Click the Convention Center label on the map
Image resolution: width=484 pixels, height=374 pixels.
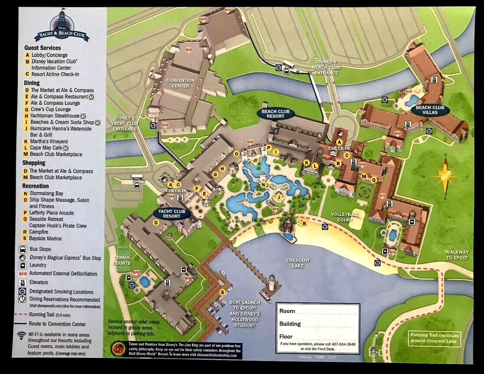pyautogui.click(x=181, y=83)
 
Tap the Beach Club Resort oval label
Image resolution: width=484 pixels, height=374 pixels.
pyautogui.click(x=275, y=113)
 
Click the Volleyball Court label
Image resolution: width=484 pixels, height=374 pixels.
pyautogui.click(x=342, y=217)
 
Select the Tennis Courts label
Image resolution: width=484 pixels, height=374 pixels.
pyautogui.click(x=122, y=260)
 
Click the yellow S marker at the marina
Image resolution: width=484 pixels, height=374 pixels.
pyautogui.click(x=222, y=292)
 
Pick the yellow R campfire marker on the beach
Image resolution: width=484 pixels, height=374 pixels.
pyautogui.click(x=304, y=224)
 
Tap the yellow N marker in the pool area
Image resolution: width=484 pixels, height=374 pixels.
pyautogui.click(x=263, y=185)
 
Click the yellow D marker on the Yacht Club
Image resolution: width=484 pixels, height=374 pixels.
pyautogui.click(x=156, y=222)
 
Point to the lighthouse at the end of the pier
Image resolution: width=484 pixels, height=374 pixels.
pyautogui.click(x=271, y=284)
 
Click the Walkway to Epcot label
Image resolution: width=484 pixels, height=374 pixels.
pyautogui.click(x=457, y=255)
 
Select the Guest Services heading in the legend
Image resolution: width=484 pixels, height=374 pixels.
pyautogui.click(x=42, y=48)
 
